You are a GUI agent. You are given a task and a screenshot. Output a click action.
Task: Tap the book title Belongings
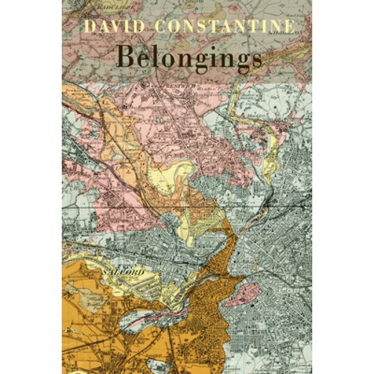189,57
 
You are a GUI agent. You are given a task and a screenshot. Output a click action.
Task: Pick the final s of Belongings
256,58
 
